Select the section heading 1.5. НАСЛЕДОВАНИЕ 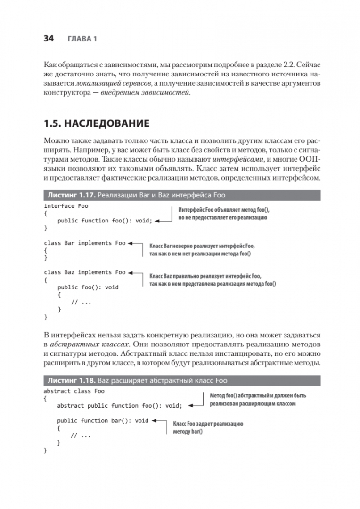(x=96, y=124)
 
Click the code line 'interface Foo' (x=65, y=206)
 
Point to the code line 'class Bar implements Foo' (x=84, y=243)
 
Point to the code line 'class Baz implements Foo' (x=84, y=272)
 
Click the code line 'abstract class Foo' (x=74, y=391)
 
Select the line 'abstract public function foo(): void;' (x=119, y=405)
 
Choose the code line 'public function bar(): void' (x=102, y=420)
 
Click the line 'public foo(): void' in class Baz (x=88, y=287)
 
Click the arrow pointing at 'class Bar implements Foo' (x=136, y=244)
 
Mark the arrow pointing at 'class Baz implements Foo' (x=136, y=273)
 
